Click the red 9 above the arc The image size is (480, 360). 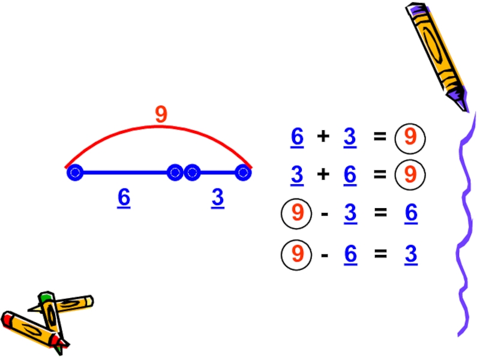coord(161,114)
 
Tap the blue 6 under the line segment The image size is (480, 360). coord(124,197)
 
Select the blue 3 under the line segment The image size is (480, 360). coord(218,197)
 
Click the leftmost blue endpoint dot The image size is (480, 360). coord(74,173)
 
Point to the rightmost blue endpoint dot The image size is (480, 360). coord(243,173)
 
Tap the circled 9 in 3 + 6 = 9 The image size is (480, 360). coord(410,175)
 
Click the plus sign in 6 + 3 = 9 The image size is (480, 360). coord(323,138)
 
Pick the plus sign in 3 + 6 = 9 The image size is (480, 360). coord(323,175)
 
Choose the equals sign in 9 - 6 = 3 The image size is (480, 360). coord(379,256)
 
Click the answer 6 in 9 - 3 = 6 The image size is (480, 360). coord(410,213)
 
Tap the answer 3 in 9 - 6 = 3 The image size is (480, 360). coord(410,255)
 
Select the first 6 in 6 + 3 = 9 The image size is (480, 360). coord(297,138)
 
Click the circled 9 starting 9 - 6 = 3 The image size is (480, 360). coord(297,255)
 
